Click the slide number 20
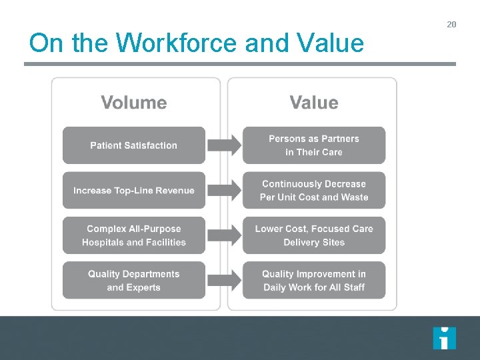(x=451, y=25)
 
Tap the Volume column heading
(x=134, y=103)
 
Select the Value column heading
(x=314, y=103)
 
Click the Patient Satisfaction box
(x=134, y=145)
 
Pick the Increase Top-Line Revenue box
(x=134, y=191)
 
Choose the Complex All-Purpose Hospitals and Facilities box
(x=134, y=235)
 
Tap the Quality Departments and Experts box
(x=134, y=281)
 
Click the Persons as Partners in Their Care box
(x=314, y=145)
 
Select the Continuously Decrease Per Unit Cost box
(x=314, y=191)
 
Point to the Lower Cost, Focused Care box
(x=314, y=235)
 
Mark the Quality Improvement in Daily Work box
(x=314, y=281)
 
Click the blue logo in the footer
(x=444, y=338)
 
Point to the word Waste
(x=355, y=197)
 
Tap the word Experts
(x=143, y=287)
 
